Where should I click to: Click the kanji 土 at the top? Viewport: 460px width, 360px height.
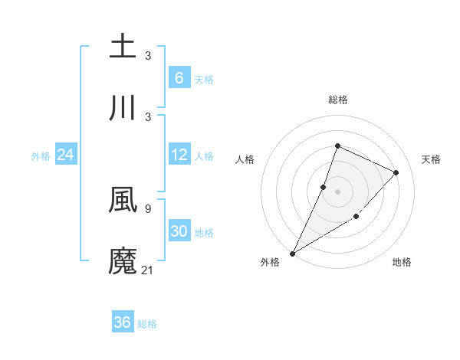pyautogui.click(x=123, y=46)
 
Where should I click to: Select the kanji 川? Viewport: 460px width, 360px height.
pyautogui.click(x=123, y=108)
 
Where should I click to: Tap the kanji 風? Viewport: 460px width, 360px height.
pyautogui.click(x=123, y=199)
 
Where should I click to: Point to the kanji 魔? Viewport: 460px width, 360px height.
pyautogui.click(x=123, y=261)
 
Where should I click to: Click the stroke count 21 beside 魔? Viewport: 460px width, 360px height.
pyautogui.click(x=148, y=269)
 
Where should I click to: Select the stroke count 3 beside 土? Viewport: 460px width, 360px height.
pyautogui.click(x=148, y=55)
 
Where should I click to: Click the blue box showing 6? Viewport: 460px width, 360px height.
pyautogui.click(x=179, y=77)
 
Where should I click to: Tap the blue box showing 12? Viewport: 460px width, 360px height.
pyautogui.click(x=179, y=155)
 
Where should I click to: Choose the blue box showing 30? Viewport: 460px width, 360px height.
pyautogui.click(x=179, y=231)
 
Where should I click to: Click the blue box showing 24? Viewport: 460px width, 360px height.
pyautogui.click(x=66, y=155)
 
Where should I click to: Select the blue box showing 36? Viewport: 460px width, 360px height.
pyautogui.click(x=123, y=322)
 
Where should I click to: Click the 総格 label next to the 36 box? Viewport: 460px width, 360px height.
pyautogui.click(x=147, y=323)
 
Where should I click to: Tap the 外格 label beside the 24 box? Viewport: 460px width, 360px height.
pyautogui.click(x=41, y=155)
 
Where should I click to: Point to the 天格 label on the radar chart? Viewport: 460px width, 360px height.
pyautogui.click(x=431, y=159)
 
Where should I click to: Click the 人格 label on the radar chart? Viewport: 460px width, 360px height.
pyautogui.click(x=245, y=159)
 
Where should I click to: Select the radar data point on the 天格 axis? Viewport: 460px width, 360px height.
pyautogui.click(x=396, y=172)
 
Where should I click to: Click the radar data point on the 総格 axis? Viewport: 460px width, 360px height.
pyautogui.click(x=337, y=146)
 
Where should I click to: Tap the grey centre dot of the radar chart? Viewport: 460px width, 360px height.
pyautogui.click(x=337, y=191)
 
